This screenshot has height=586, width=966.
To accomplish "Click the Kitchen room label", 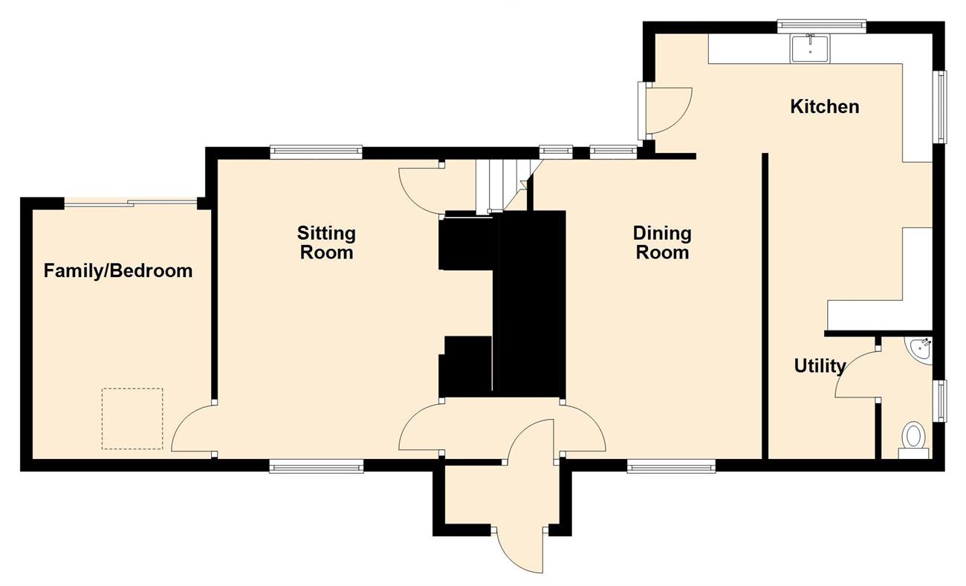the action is point(825,107).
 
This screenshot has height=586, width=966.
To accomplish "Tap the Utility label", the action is point(820,366).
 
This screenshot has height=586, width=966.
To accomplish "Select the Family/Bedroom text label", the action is point(118,271).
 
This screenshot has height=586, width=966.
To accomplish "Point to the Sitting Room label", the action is point(326,243).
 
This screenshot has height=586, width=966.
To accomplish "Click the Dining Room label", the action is point(662,243).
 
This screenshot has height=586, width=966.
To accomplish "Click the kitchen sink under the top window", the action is point(810,49).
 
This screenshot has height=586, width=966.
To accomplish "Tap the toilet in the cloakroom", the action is point(913,440).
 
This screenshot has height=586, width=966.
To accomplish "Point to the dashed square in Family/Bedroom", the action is point(132,419).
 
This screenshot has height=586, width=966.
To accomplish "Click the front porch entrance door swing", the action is point(522,550).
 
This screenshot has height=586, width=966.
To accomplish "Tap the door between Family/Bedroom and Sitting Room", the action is point(194,429).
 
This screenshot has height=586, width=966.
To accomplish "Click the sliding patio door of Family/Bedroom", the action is point(131,203).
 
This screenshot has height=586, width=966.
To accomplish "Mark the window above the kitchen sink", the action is point(822,26).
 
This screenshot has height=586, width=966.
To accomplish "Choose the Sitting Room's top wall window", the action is point(316,152).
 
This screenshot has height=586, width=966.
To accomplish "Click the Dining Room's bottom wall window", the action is point(672,466).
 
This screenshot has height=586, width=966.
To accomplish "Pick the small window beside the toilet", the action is point(940,401).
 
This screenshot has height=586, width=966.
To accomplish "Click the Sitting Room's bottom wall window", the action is point(316,466).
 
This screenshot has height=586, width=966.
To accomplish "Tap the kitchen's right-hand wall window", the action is point(940,106).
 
